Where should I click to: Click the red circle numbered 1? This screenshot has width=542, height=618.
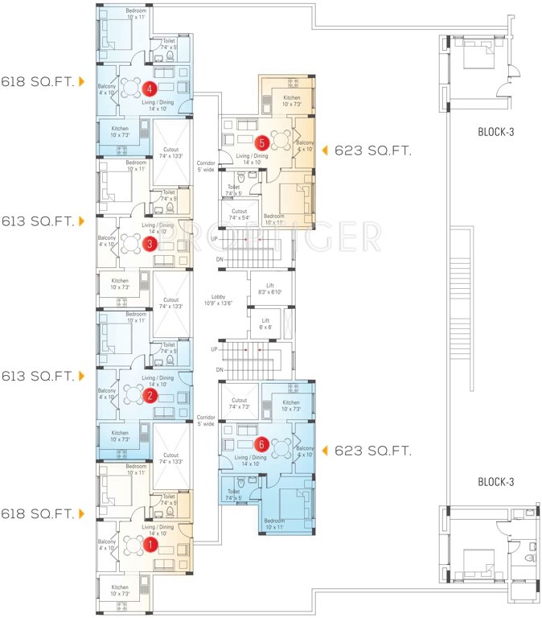coord(149,545)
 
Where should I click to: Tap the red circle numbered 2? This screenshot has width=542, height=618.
coord(149,395)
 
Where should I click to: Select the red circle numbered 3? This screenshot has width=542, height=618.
coord(149,245)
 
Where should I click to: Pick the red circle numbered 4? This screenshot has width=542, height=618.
coord(149,89)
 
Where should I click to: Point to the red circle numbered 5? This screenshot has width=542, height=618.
coord(261,142)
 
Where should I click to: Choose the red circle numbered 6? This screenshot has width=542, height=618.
coord(261,443)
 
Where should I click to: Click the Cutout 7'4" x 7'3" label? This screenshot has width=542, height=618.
coord(239,403)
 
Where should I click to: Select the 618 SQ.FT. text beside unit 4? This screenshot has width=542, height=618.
coord(37,82)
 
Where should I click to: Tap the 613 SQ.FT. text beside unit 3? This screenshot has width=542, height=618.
coord(37,220)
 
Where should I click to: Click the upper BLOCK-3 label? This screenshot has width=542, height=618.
coord(495,133)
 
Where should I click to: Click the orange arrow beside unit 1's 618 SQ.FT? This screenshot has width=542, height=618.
coord(82,513)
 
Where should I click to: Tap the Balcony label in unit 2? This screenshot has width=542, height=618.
coord(107,393)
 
